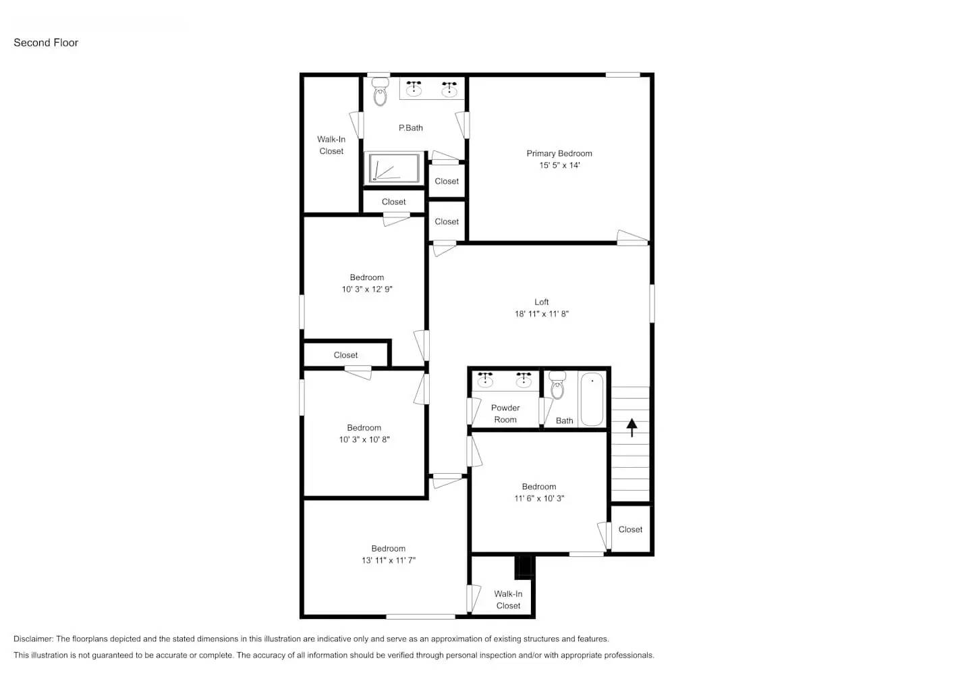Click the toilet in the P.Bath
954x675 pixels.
click(x=381, y=92)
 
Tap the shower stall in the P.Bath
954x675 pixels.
click(x=392, y=168)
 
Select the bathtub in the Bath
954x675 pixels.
click(x=592, y=399)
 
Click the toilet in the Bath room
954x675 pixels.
click(x=557, y=385)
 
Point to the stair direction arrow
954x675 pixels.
click(x=632, y=427)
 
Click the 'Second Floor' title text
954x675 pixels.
click(x=46, y=43)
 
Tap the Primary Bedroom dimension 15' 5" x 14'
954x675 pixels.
click(x=559, y=165)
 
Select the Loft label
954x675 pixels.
click(x=541, y=302)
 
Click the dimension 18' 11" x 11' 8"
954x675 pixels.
click(x=541, y=314)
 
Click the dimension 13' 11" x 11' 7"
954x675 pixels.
click(x=388, y=560)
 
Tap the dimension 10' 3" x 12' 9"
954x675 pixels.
click(x=366, y=290)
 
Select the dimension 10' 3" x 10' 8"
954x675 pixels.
click(x=364, y=439)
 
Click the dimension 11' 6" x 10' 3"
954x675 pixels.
click(x=538, y=498)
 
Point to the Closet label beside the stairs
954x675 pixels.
click(x=630, y=529)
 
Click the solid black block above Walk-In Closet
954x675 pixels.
click(x=524, y=566)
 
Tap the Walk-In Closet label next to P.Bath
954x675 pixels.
click(x=331, y=145)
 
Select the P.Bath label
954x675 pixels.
click(x=410, y=128)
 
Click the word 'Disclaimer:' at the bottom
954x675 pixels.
click(x=33, y=639)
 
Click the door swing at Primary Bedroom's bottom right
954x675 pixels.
click(x=632, y=237)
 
